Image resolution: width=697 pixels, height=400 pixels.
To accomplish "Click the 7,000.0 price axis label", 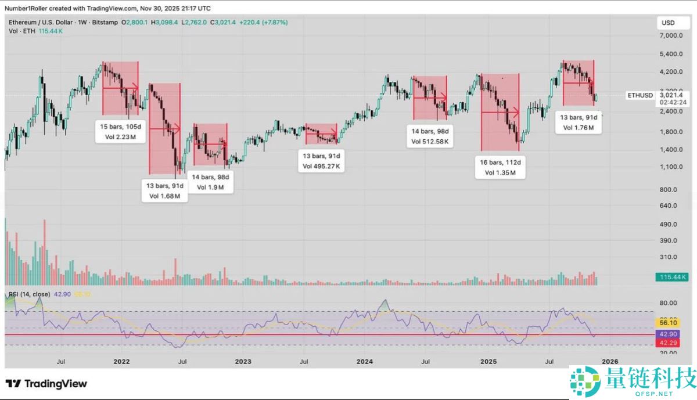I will pyautogui.click(x=671, y=35).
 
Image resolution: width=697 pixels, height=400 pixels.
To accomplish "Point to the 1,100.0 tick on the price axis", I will pyautogui.click(x=671, y=167).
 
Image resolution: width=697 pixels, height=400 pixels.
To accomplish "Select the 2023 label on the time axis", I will pyautogui.click(x=243, y=362).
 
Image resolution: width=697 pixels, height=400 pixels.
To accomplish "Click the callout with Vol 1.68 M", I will pyautogui.click(x=164, y=191).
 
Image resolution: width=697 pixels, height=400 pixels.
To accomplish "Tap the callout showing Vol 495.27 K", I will pyautogui.click(x=321, y=161).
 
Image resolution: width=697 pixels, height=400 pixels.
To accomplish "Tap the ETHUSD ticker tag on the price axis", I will pyautogui.click(x=640, y=95).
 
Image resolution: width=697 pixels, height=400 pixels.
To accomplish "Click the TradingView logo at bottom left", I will pyautogui.click(x=46, y=384).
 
